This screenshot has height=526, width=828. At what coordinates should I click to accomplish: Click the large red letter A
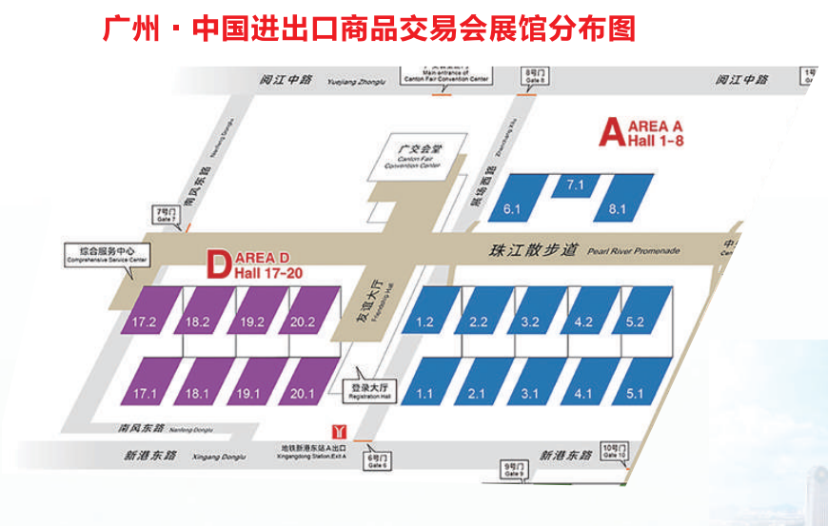click(x=609, y=132)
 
